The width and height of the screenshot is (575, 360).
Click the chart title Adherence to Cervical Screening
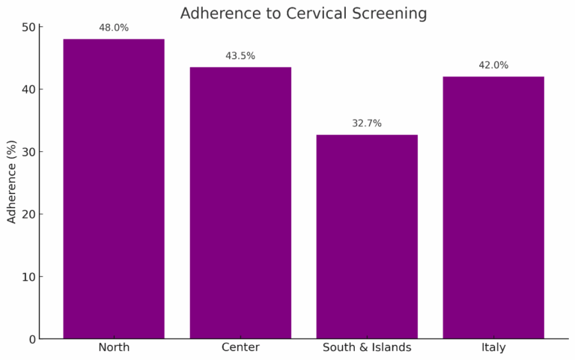coord(303,13)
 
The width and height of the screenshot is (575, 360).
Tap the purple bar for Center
coord(240,203)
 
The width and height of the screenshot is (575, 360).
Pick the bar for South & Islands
coord(367,237)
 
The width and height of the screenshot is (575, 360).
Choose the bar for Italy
coord(493,207)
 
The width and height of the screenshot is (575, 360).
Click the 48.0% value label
coord(114,28)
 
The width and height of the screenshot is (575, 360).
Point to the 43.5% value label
coord(240,56)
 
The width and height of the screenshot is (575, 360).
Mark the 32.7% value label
coord(367,123)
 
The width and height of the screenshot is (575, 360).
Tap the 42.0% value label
coord(493,65)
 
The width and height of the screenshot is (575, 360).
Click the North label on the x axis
coord(114,348)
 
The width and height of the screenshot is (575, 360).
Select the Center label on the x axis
coord(240,348)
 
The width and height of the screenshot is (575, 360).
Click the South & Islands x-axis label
coord(367,348)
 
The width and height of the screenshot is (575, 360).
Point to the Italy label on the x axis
coord(493,348)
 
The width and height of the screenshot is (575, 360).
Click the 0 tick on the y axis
coord(31,339)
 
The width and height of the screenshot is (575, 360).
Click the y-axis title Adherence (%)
coord(11,183)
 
